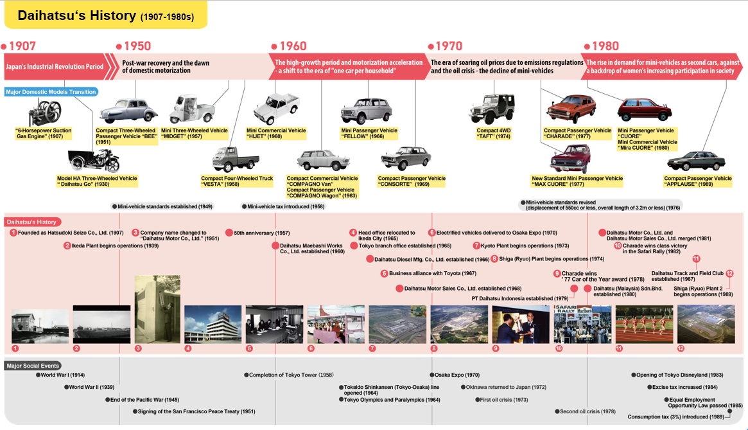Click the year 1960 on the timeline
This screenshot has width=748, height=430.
tap(293, 46)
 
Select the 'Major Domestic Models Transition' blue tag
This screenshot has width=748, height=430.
tap(51, 92)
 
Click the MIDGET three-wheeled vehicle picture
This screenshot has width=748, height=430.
tap(192, 109)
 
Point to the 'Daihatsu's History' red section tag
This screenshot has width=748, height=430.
tap(31, 222)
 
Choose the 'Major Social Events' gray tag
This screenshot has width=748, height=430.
tap(33, 366)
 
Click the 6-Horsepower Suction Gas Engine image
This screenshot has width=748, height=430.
tap(44, 112)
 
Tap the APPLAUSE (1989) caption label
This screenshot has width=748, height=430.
tap(698, 181)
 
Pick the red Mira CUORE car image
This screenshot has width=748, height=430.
tap(644, 110)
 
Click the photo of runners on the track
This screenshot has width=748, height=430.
tap(644, 325)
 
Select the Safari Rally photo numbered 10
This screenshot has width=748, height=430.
tap(582, 325)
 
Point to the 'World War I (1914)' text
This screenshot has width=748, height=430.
tap(62, 375)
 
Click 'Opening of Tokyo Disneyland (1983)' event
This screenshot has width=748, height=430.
tap(679, 375)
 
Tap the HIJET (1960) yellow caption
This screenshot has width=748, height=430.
tap(276, 133)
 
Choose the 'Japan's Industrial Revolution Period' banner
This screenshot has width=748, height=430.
tap(55, 66)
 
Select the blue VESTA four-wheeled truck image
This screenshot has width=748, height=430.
tap(235, 159)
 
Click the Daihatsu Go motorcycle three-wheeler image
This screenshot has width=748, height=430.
tap(94, 161)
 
